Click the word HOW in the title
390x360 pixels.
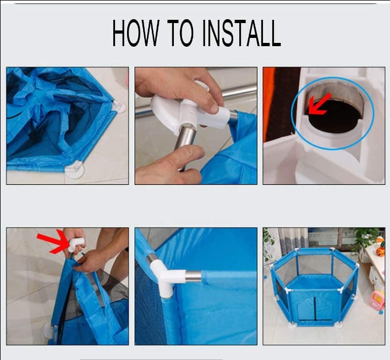135,33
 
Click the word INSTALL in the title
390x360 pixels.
242,33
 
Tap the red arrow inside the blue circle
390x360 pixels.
319,104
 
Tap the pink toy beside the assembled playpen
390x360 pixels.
377,300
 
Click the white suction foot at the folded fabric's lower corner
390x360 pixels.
75,170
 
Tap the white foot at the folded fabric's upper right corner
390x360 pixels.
119,106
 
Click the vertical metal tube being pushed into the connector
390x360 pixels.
185,147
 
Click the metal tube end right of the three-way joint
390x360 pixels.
193,276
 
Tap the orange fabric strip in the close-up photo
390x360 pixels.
270,104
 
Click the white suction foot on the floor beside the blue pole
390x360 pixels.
50,331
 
